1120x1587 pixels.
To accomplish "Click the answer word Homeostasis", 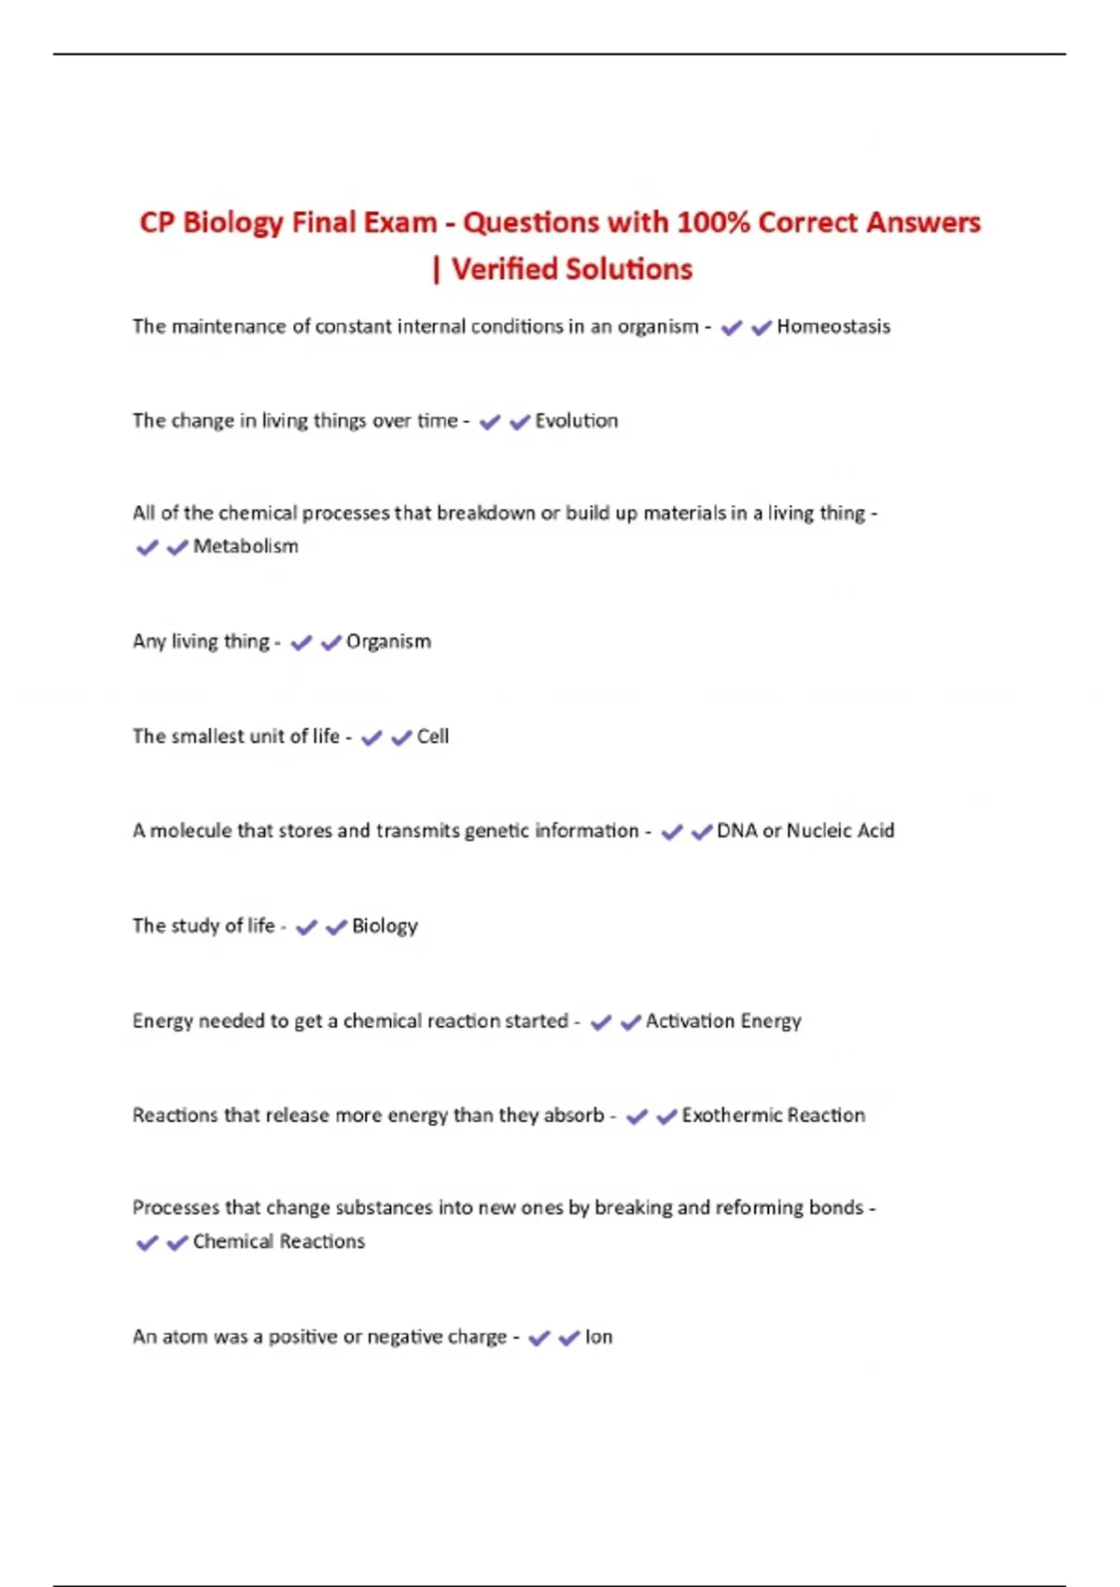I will point(833,327).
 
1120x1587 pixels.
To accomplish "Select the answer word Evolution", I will point(576,421).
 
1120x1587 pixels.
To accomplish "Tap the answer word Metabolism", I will point(245,546).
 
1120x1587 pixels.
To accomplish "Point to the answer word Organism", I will point(388,642).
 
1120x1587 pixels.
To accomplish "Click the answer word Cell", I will point(432,737).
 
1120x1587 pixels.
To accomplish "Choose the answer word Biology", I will point(385,926).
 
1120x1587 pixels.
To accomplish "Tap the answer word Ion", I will point(598,1337).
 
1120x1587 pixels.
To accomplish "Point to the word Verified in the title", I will point(503,270).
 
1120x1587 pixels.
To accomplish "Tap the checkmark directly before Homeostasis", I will point(762,327).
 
